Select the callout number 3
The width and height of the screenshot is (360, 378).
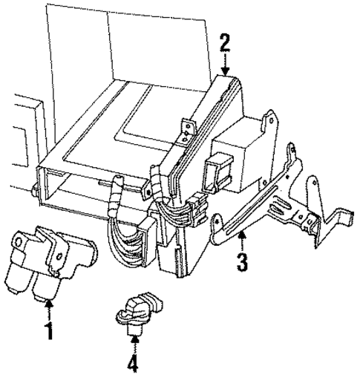[x=242, y=262]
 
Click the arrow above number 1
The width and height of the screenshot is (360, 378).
[x=49, y=309]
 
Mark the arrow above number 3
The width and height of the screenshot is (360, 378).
[x=242, y=242]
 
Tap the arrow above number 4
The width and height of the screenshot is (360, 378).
[x=134, y=342]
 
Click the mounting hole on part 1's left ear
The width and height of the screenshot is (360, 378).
[x=17, y=241]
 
